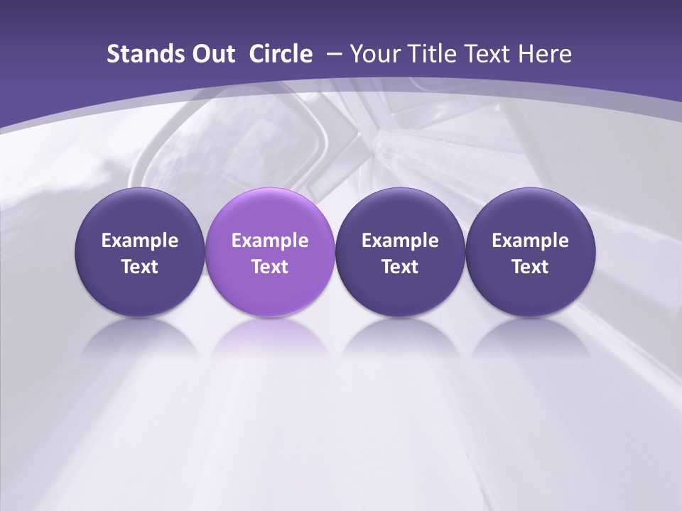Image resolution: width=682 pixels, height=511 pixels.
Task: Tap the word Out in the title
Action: (x=211, y=54)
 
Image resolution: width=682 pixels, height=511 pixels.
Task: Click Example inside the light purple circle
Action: (x=270, y=241)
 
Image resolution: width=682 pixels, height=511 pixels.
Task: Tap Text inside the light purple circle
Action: (x=270, y=267)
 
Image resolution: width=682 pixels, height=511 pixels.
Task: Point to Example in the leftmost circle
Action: (x=139, y=241)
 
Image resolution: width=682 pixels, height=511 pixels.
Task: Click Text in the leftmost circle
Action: (x=139, y=267)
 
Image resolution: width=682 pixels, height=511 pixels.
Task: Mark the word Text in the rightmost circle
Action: (x=530, y=267)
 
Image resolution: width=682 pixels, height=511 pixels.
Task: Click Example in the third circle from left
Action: (x=400, y=241)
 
